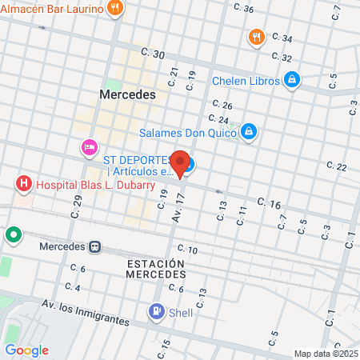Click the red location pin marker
pos(181,164)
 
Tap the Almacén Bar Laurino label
pos(52,9)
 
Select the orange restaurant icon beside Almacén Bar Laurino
pos(116,9)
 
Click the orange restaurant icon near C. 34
pos(256,37)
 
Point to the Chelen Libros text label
pos(246,80)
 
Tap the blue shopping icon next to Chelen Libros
pos(292,80)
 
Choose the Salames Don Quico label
pos(188,132)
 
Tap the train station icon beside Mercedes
pos(94,246)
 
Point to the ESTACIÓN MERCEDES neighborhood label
pos(155,268)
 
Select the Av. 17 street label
pos(178,207)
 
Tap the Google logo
pos(26,350)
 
